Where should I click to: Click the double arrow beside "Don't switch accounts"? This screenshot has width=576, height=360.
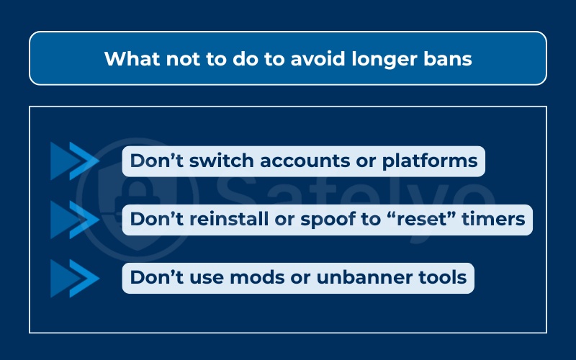(x=74, y=161)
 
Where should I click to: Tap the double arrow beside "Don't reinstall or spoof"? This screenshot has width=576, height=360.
(x=74, y=219)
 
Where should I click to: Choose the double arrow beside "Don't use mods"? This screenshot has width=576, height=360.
(x=74, y=276)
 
